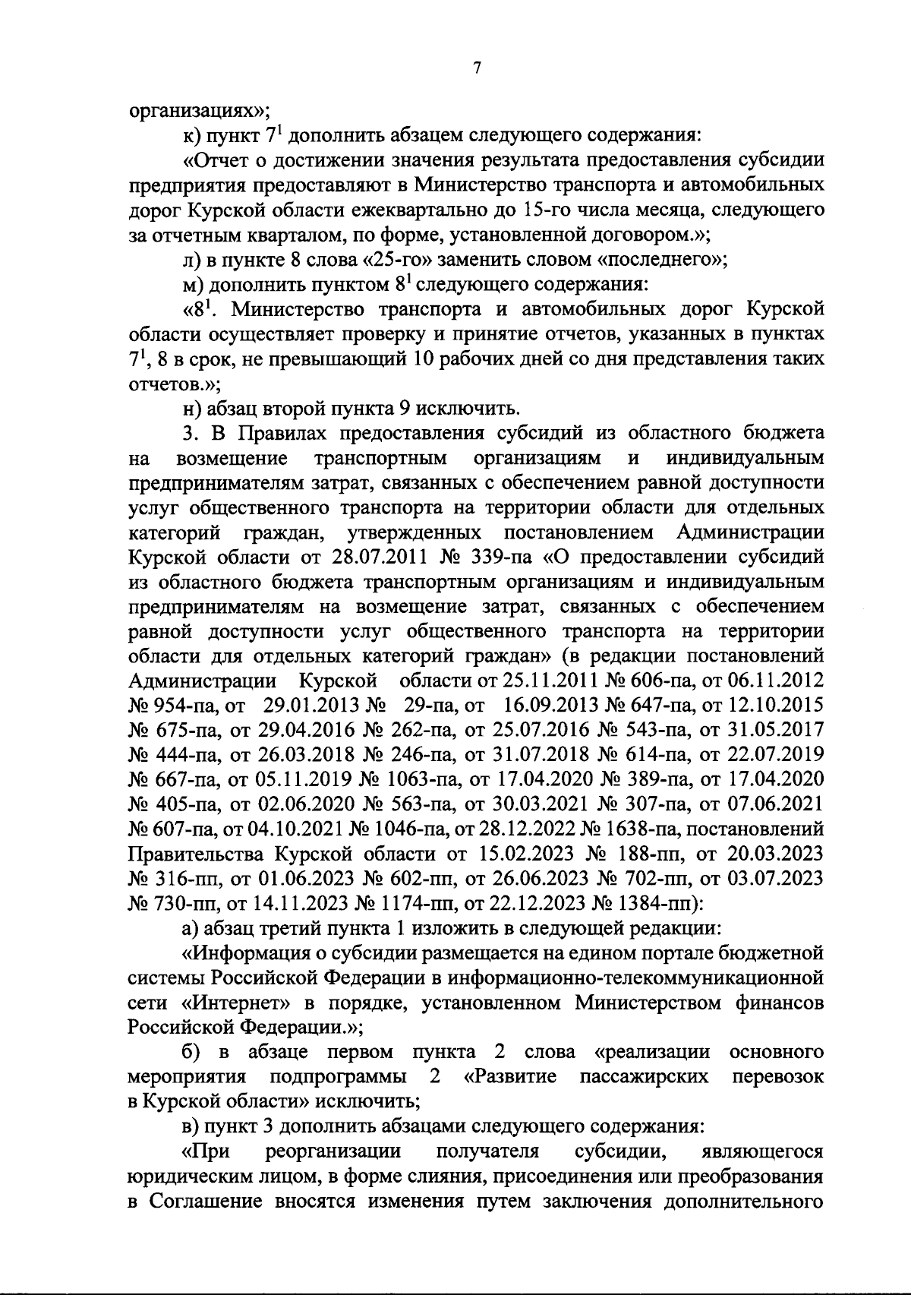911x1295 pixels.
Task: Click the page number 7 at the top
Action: [x=477, y=68]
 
